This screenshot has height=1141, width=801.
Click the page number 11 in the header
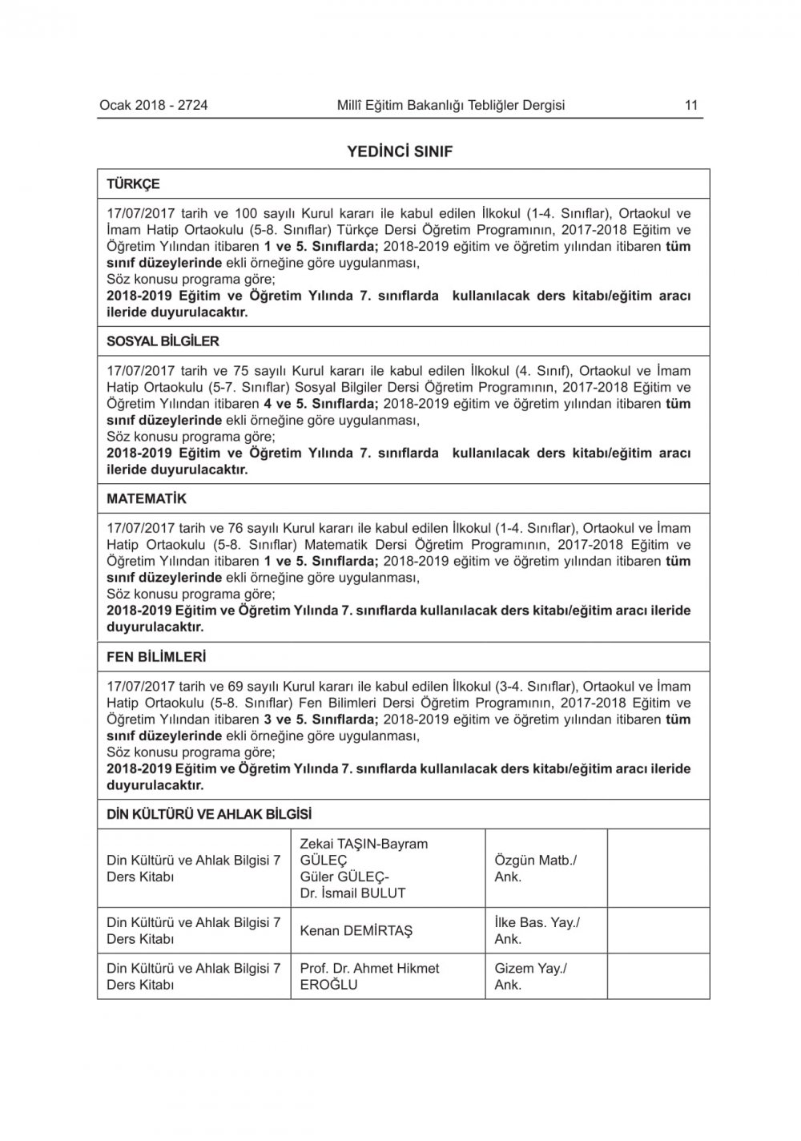coord(691,105)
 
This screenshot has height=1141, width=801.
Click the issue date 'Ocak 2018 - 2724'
coord(154,105)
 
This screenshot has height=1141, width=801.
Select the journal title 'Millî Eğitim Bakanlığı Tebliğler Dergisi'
coord(451,105)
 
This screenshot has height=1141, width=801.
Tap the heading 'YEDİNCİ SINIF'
coord(400,151)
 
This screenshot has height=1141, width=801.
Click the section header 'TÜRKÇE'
coord(133,184)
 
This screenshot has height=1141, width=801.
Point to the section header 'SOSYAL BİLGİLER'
coord(163,341)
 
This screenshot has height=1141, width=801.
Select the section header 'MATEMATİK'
coord(147,499)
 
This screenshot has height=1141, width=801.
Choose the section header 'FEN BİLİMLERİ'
coord(156,657)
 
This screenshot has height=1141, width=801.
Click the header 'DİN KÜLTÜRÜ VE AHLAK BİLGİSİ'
coord(209,815)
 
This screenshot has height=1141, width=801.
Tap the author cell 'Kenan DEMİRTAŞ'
coord(356,931)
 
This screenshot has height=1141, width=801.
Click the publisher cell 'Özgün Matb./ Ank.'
coord(535,869)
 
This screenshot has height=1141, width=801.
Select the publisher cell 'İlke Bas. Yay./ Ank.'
coord(537,930)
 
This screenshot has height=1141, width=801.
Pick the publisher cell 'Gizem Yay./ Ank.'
coord(530,976)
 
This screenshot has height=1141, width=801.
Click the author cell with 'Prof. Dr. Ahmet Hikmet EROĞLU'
coord(369,976)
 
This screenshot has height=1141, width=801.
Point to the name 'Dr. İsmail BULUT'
coord(352,893)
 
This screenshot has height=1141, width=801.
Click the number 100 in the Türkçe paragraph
coord(245,214)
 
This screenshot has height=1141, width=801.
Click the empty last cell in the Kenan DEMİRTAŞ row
coord(658,930)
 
